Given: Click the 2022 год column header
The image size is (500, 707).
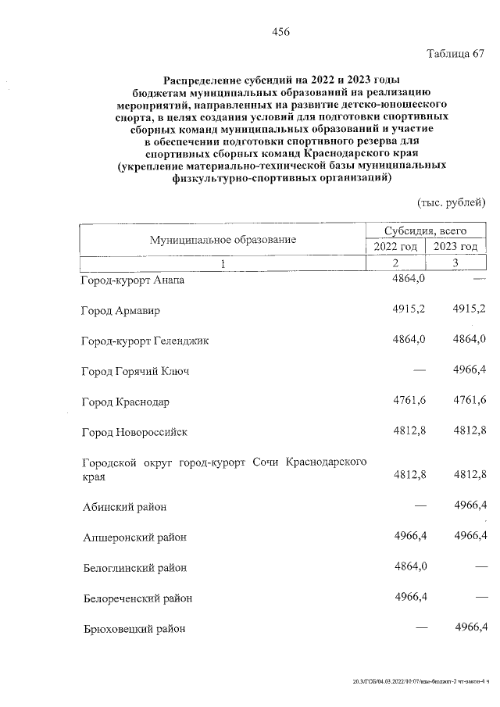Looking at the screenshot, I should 395,247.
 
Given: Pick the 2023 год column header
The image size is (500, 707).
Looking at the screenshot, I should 455,247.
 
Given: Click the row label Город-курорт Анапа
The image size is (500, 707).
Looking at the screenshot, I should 133,280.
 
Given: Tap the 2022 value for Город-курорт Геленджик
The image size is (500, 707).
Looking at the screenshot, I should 409,339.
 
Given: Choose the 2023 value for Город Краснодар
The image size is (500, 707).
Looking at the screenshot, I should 470,401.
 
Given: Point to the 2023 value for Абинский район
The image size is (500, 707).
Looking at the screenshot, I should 470,506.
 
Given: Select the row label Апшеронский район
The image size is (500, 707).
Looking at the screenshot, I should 135,537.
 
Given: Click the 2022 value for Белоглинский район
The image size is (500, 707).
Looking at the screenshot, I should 409,566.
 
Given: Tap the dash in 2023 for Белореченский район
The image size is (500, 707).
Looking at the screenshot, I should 479,598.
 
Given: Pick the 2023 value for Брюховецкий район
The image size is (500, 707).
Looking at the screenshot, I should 470,627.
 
